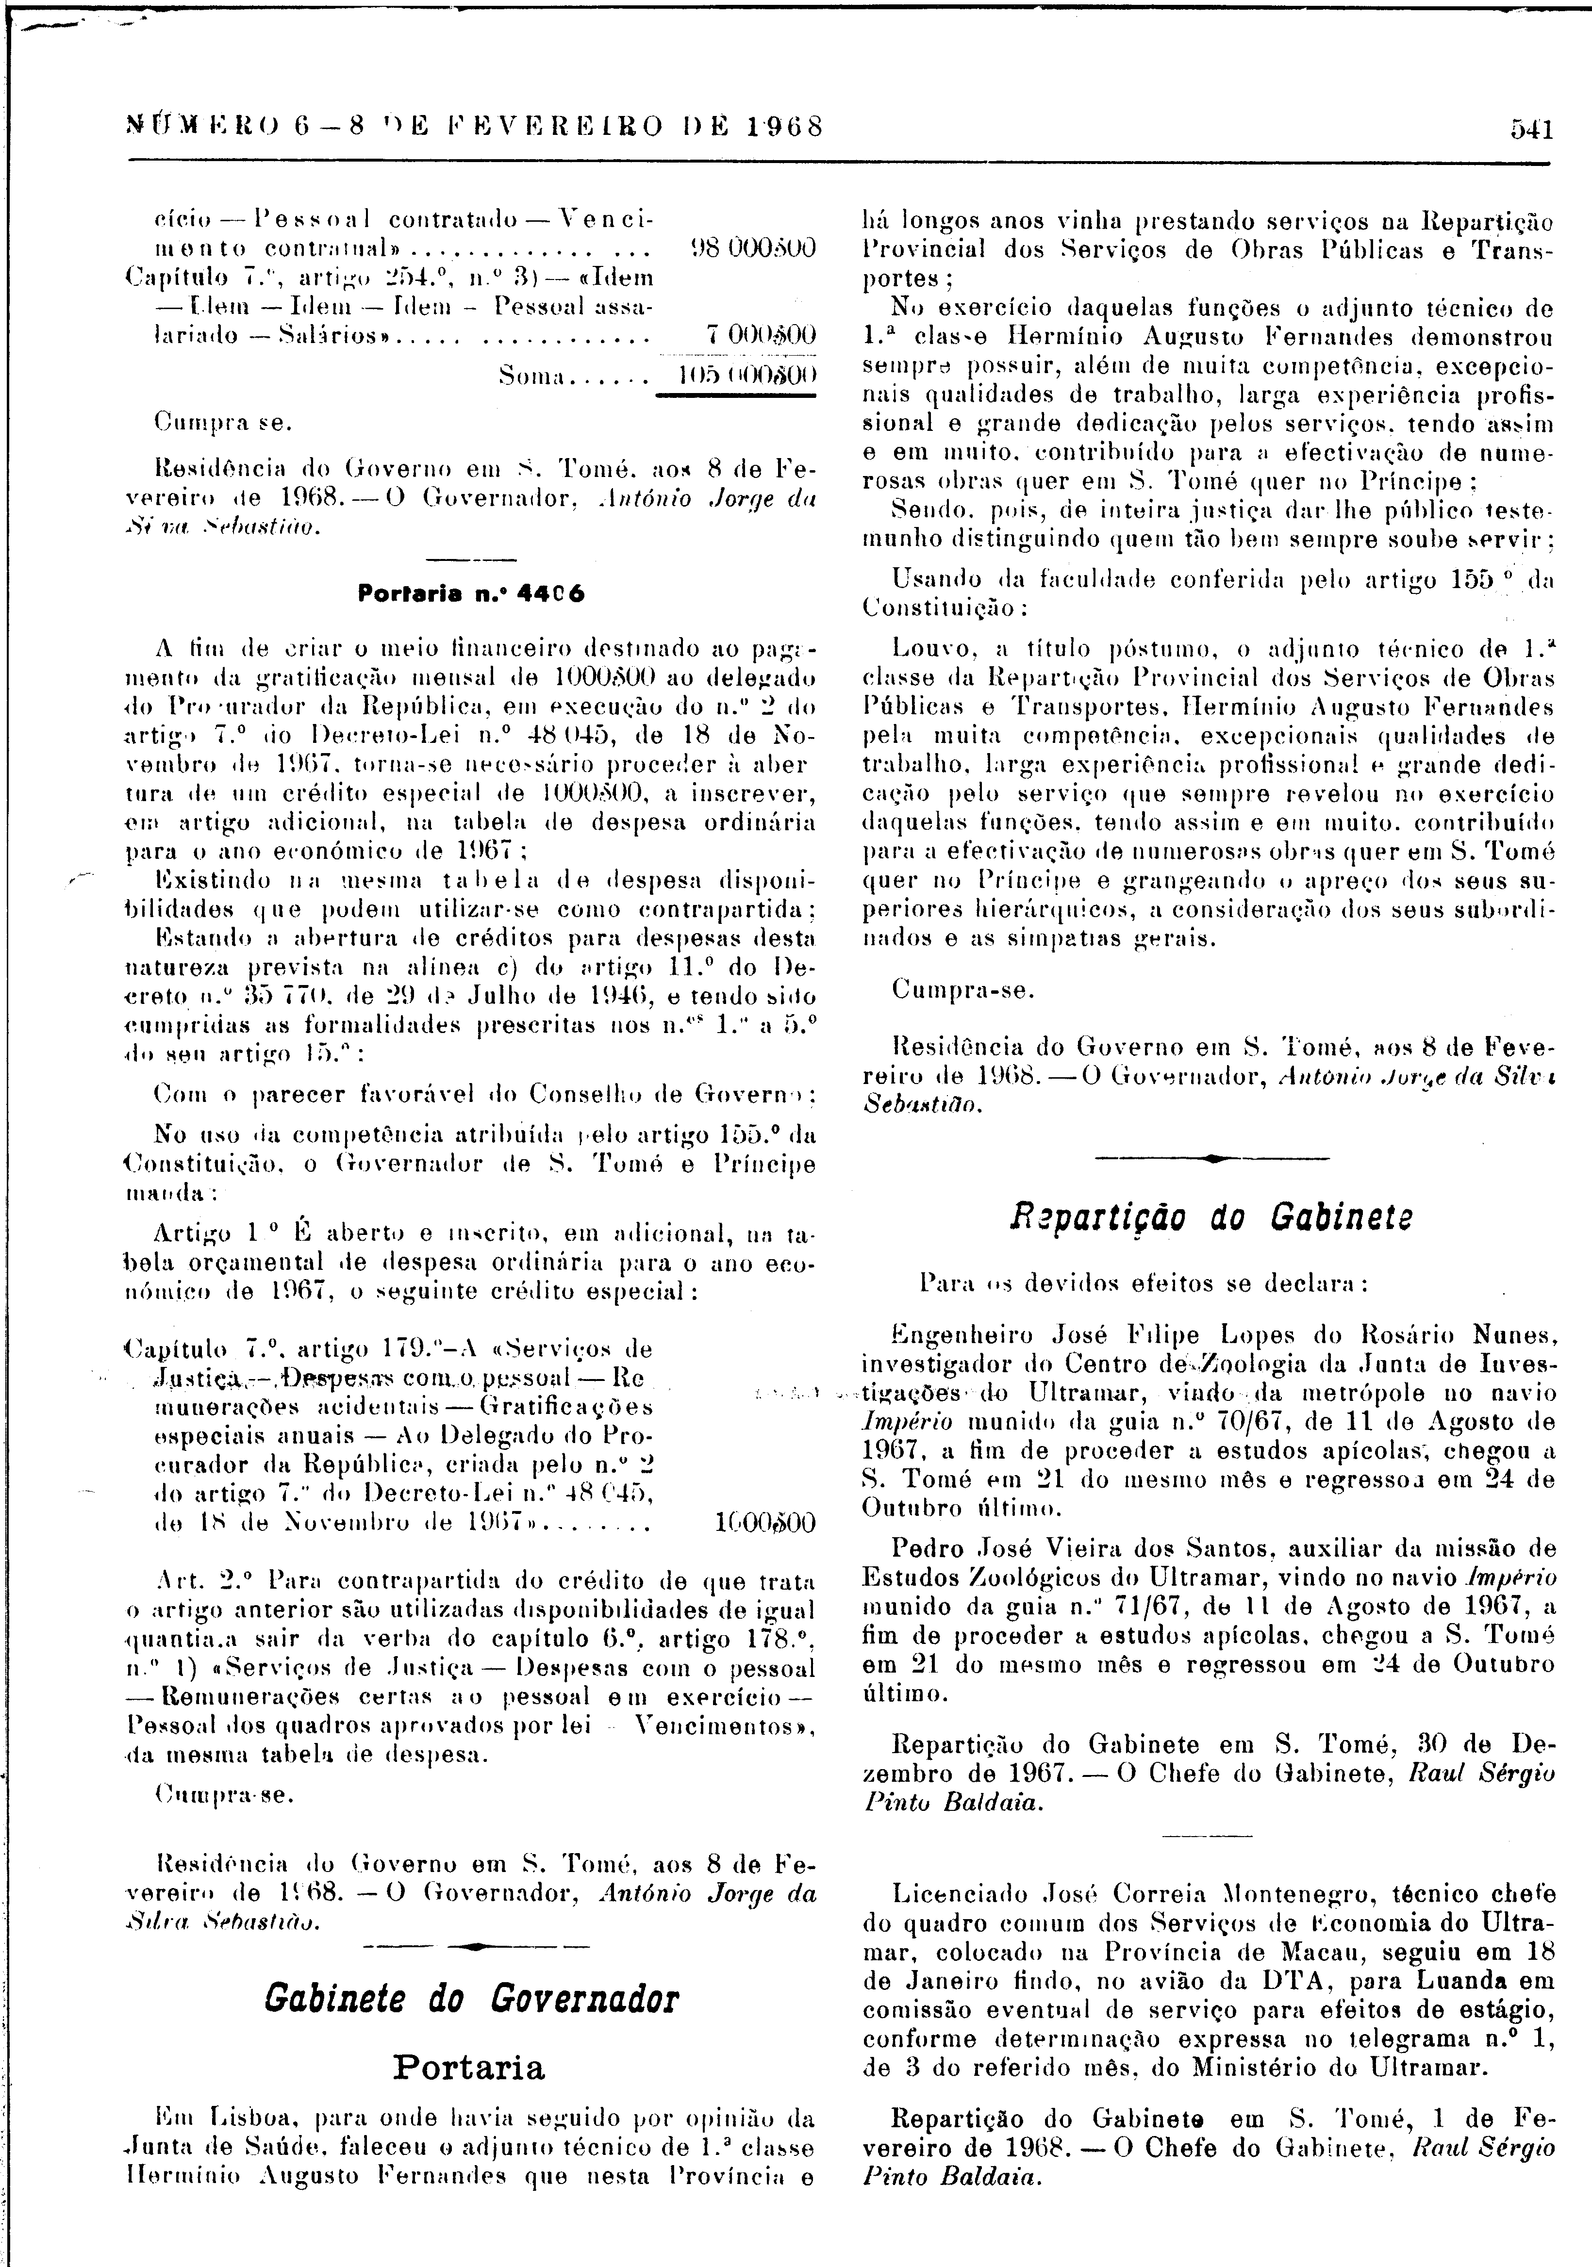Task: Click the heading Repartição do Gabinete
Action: pos(1210,1217)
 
